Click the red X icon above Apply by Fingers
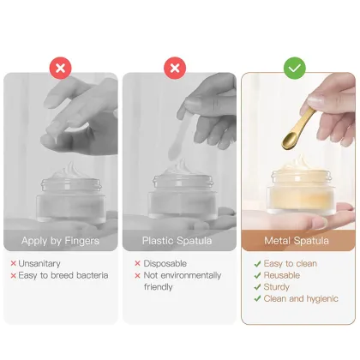[x=60, y=66]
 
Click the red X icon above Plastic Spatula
[x=176, y=66]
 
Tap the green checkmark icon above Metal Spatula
[x=294, y=66]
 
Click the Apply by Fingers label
[x=60, y=241]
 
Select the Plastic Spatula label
[x=176, y=241]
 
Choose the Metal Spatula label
[x=297, y=241]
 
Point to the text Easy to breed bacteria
[x=62, y=275]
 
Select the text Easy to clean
[x=291, y=264]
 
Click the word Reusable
[x=284, y=275]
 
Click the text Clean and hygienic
[x=302, y=299]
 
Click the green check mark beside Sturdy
[x=258, y=287]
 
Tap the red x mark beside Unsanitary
[x=14, y=264]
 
